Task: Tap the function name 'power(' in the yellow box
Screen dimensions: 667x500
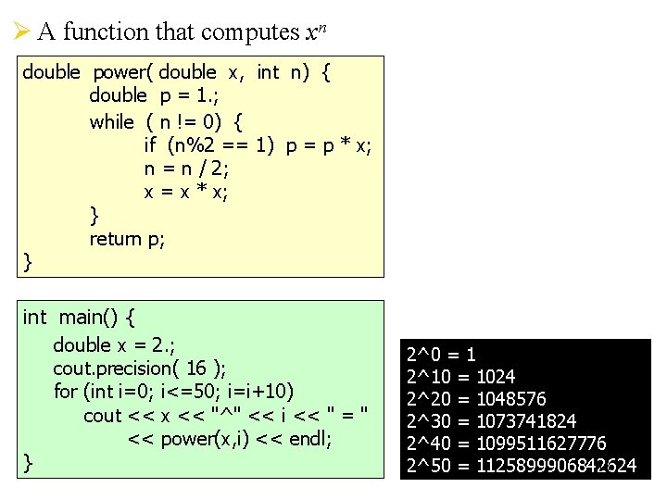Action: pos(122,72)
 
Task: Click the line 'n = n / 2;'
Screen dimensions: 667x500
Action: pos(186,169)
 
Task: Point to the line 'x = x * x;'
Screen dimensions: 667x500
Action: pos(186,192)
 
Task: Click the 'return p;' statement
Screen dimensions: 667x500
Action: pos(127,239)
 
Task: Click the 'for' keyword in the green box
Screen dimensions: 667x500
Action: pos(65,392)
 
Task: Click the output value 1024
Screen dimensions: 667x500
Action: pos(496,376)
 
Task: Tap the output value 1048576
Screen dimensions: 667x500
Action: pos(510,398)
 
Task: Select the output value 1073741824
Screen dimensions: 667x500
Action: pos(525,420)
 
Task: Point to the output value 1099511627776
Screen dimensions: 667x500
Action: pos(541,443)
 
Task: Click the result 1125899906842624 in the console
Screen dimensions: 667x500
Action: pos(556,465)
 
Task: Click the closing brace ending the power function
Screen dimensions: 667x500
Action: pos(28,263)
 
